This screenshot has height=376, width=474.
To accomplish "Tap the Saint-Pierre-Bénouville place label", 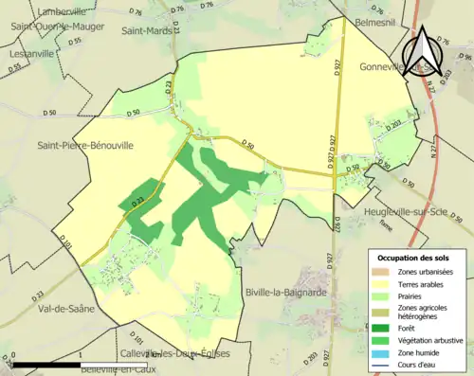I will pyautogui.click(x=85, y=146).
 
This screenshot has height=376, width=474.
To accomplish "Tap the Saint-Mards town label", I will pyautogui.click(x=146, y=29).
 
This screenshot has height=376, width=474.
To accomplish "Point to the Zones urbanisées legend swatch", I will pyautogui.click(x=386, y=271).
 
